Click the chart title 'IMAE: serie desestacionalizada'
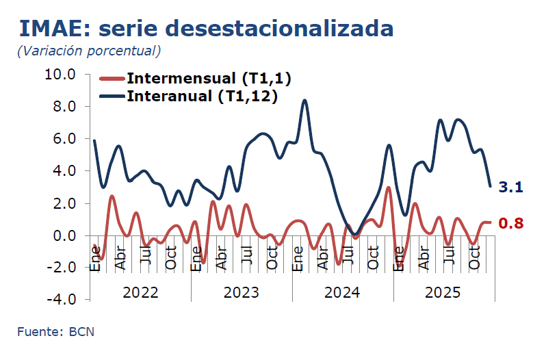coord(206,28)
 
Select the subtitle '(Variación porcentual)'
coord(89,51)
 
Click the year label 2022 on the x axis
coord(140,292)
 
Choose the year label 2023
coord(242,292)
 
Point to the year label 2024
coord(342,292)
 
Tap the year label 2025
coord(443,292)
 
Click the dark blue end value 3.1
coord(510,187)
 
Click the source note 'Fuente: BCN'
coord(56,332)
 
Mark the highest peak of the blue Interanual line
coord(304,101)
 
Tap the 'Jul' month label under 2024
coord(348,259)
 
